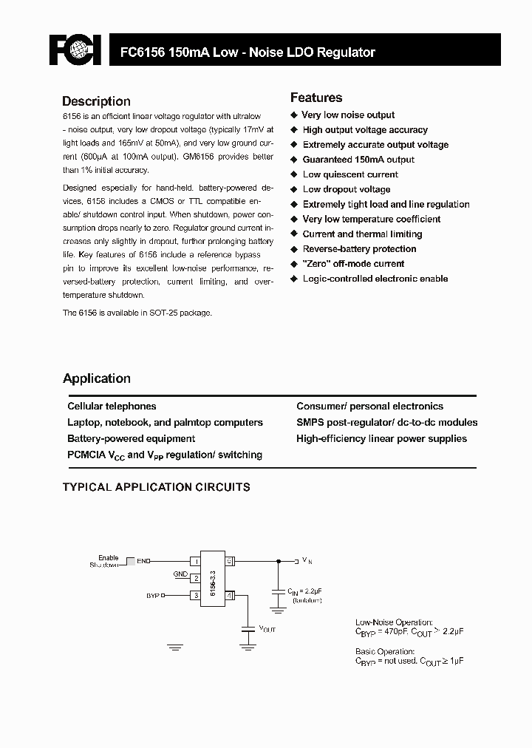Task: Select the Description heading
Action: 96,101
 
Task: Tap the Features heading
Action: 316,98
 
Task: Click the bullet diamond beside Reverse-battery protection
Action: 294,249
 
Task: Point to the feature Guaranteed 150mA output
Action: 358,160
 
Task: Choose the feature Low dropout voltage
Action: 346,189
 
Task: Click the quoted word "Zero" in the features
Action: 318,264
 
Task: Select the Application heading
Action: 97,378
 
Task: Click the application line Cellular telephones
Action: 112,407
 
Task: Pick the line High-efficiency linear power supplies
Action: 381,439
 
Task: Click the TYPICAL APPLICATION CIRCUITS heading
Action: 156,488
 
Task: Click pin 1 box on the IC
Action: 196,562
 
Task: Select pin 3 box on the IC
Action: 196,595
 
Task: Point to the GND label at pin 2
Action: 180,574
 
